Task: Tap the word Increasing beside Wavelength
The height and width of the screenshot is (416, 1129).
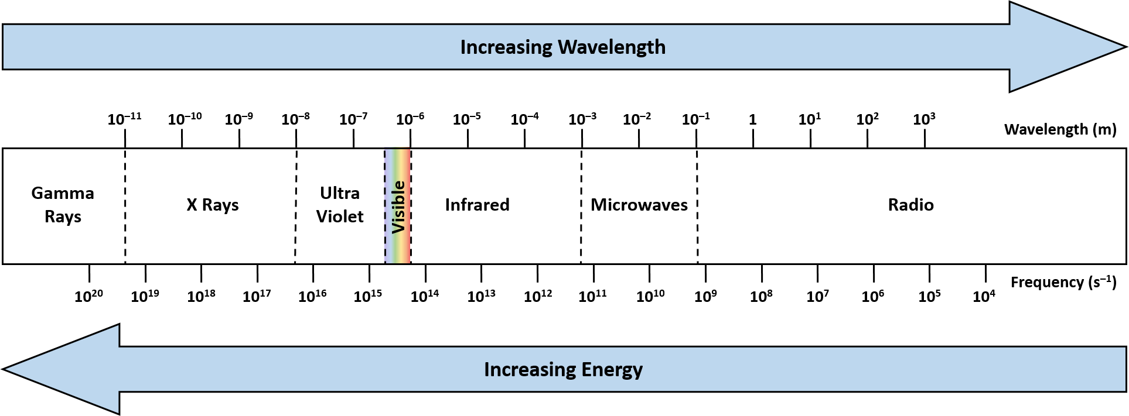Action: (x=506, y=47)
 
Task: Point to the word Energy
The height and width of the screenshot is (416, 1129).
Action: (x=612, y=370)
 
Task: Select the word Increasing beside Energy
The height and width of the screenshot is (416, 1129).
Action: (x=530, y=370)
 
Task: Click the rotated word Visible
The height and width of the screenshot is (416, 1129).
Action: (x=398, y=207)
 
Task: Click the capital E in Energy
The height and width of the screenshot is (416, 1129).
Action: (x=586, y=370)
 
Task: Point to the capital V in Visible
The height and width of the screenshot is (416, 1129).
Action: (x=398, y=227)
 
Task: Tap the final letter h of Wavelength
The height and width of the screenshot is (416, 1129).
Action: (x=660, y=47)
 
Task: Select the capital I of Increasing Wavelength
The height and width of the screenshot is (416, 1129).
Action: (x=463, y=47)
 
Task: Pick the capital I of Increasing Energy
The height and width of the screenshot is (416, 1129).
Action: (x=487, y=370)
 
